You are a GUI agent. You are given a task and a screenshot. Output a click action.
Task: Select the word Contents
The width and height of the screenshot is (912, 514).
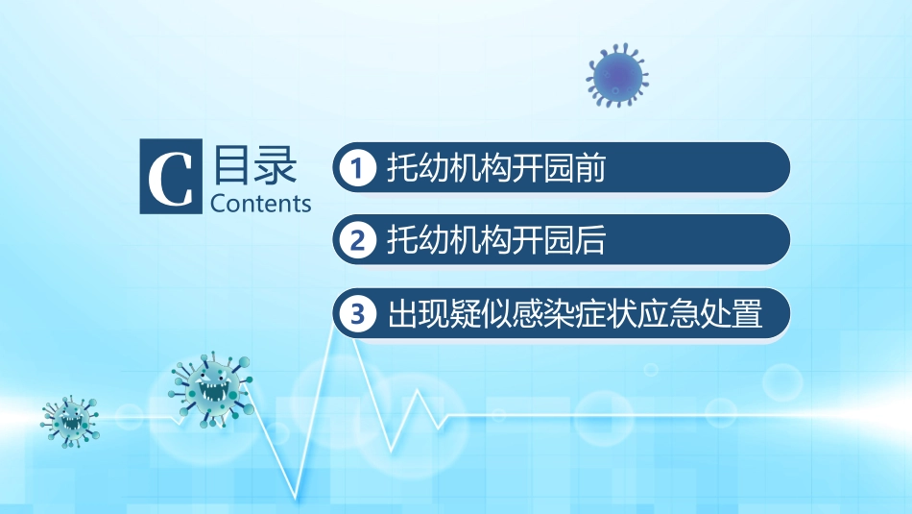(x=260, y=204)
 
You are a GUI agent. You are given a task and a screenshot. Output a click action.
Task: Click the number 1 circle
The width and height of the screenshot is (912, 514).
(x=358, y=168)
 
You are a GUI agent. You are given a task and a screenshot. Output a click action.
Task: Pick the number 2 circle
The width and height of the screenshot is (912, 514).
(x=358, y=240)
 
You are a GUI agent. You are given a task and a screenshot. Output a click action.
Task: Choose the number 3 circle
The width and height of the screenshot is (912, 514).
(x=358, y=313)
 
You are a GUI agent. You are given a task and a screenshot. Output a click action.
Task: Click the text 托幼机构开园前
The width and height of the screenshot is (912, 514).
(x=495, y=168)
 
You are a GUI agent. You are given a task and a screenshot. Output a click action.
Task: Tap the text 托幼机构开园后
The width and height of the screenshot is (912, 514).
(x=495, y=240)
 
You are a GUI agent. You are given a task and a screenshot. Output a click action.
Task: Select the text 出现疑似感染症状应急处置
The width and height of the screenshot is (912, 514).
(x=574, y=313)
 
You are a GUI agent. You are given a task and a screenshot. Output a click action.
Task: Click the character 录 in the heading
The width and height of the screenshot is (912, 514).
(x=277, y=166)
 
